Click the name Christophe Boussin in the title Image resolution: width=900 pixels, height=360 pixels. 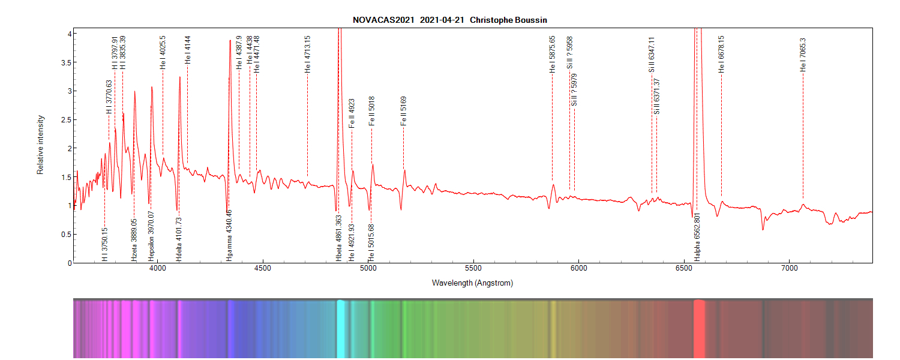(508, 20)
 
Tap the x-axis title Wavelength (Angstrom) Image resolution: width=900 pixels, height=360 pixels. (472, 283)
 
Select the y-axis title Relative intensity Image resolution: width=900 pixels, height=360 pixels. (41, 145)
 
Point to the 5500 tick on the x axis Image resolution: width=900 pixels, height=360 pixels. (473, 268)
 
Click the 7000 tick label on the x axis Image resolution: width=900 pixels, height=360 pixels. (789, 268)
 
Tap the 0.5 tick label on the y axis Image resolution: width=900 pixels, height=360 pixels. (66, 234)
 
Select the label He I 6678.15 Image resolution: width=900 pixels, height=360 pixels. (721, 54)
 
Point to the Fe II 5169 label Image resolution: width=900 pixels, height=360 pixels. (403, 111)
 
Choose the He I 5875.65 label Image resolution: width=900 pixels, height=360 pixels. (553, 55)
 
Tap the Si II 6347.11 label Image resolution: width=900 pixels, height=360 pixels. (652, 55)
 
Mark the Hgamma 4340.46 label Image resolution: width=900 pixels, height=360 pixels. (229, 237)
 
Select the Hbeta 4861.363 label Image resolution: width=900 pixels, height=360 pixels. (339, 238)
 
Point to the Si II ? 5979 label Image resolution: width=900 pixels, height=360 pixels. (574, 90)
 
